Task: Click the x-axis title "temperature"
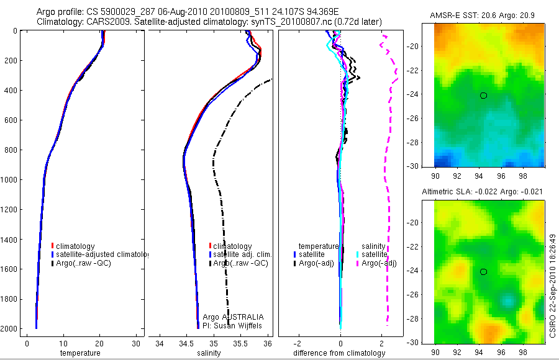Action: click(80, 353)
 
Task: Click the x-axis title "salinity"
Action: click(209, 353)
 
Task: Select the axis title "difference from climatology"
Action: click(340, 353)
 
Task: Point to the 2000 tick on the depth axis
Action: click(9, 328)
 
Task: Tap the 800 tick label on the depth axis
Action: click(9, 150)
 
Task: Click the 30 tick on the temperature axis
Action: click(136, 343)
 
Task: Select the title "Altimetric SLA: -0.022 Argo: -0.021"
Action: click(482, 192)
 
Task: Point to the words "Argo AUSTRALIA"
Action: click(233, 317)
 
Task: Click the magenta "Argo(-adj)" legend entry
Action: click(378, 263)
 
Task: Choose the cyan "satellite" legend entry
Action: click(375, 254)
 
